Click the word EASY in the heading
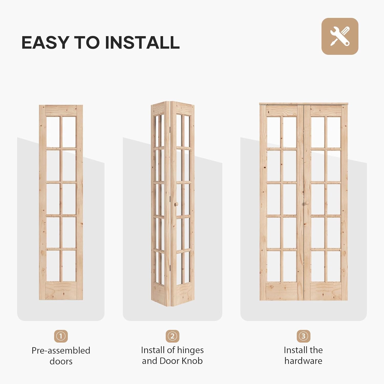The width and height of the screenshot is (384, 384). point(45,42)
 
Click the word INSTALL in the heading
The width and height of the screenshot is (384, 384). point(142,42)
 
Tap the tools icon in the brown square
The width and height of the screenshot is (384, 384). point(340,36)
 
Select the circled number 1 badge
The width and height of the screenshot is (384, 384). point(61,336)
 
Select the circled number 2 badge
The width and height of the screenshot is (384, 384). point(172,336)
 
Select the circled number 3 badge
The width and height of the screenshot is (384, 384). point(303,336)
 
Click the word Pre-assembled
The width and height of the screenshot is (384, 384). point(61,350)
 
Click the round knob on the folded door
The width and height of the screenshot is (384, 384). point(176,204)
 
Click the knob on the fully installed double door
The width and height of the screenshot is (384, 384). point(307,203)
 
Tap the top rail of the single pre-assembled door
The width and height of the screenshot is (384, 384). point(61,110)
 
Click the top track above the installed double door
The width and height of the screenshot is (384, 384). point(304,104)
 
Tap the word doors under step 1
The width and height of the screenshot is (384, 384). point(61,361)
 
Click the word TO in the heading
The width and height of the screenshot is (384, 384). point(87,42)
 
